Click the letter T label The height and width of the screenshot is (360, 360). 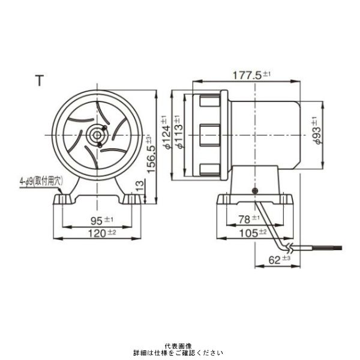40,81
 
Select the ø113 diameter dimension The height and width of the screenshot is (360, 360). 178,134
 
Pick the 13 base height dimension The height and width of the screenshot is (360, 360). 139,186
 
